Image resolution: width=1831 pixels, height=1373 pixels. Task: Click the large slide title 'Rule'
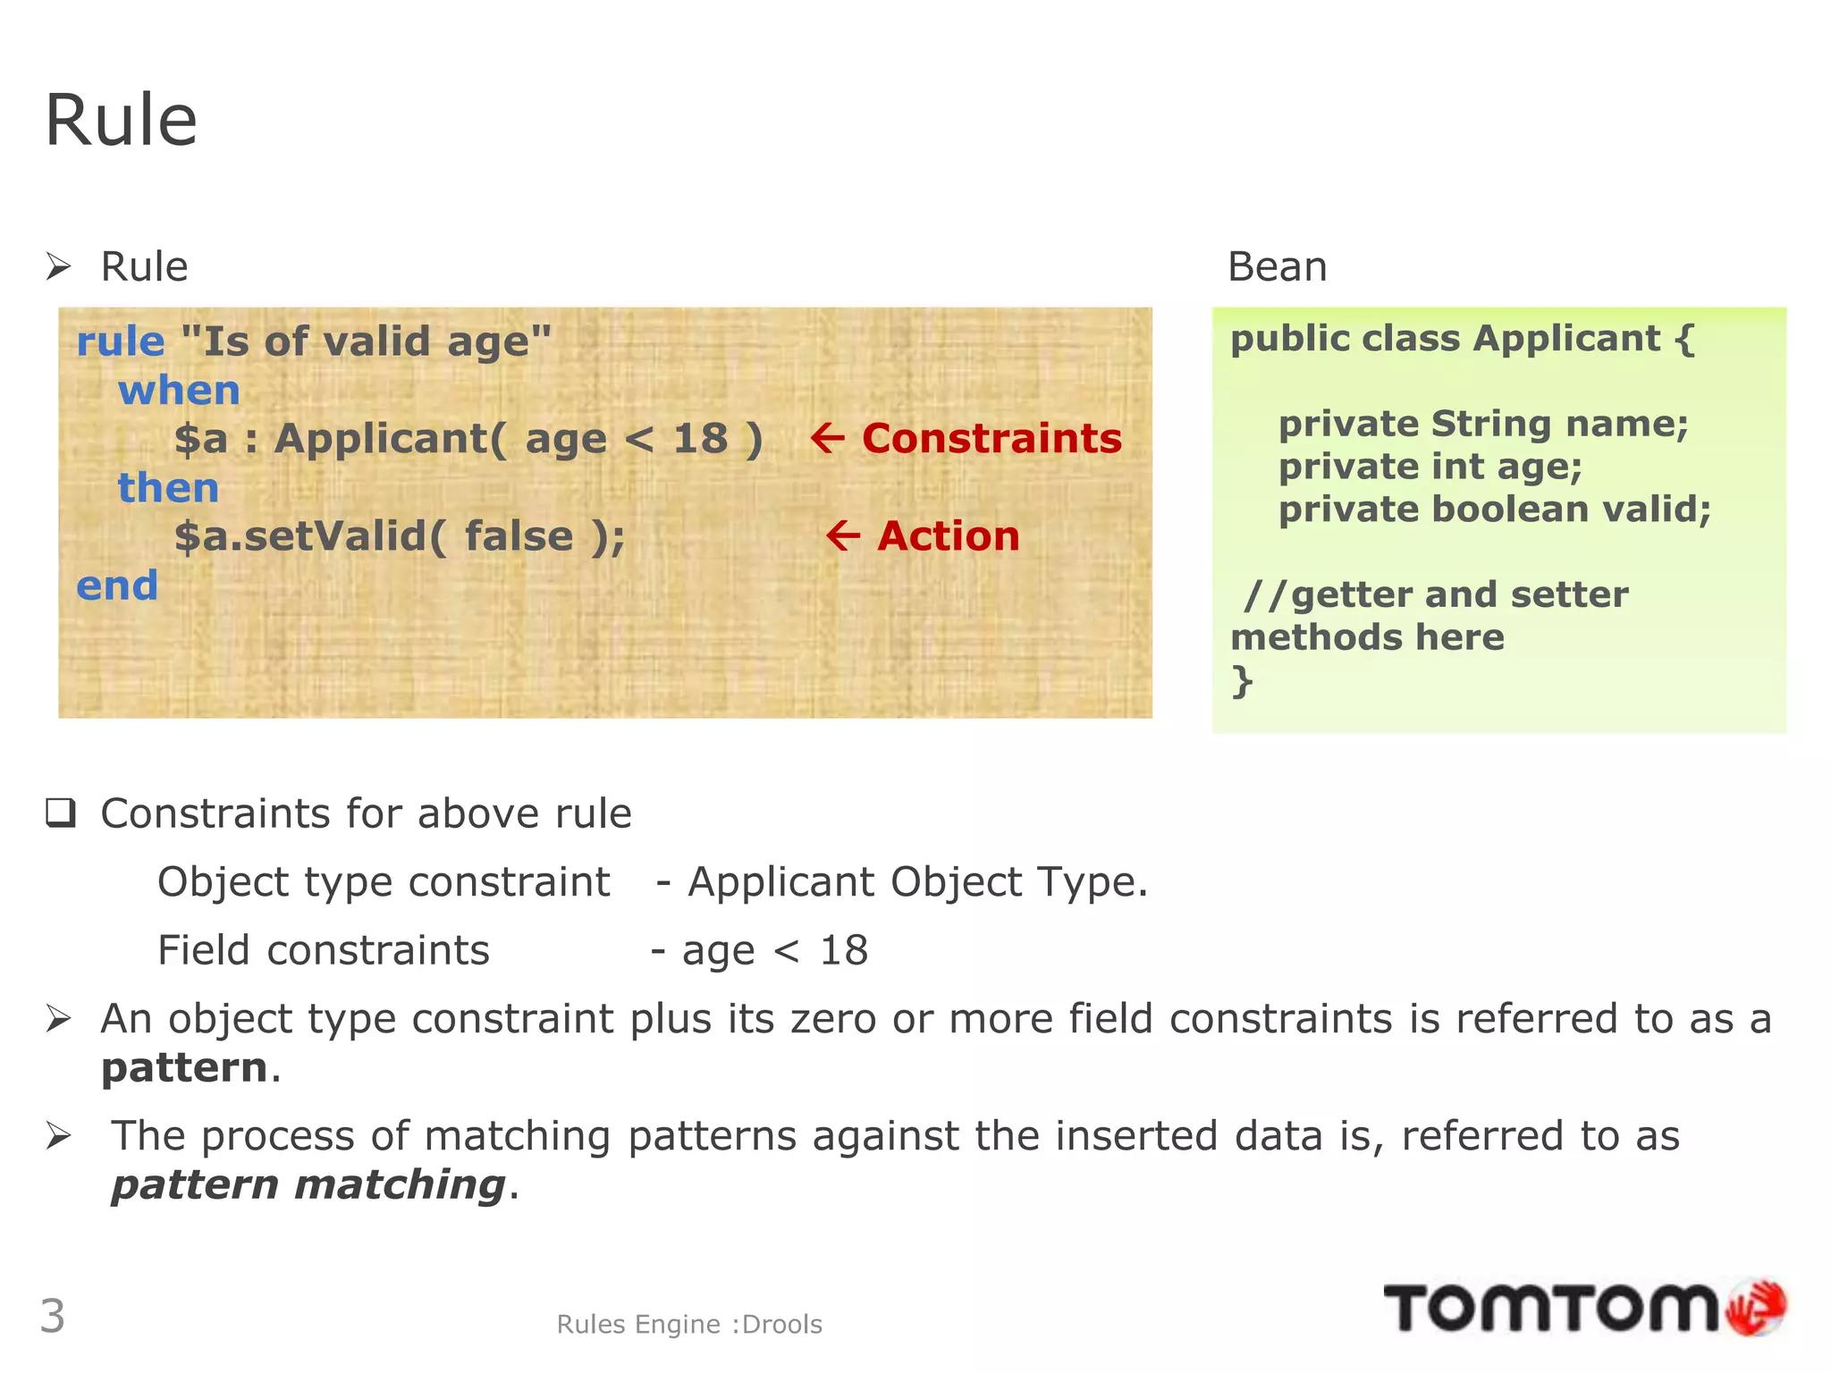pyautogui.click(x=121, y=121)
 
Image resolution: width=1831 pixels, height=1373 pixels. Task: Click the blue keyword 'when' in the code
pyautogui.click(x=179, y=391)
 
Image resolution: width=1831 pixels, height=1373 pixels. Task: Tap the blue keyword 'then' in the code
pyautogui.click(x=168, y=488)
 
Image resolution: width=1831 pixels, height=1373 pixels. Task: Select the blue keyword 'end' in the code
pyautogui.click(x=117, y=585)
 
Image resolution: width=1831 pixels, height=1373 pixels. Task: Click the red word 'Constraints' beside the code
pyautogui.click(x=991, y=439)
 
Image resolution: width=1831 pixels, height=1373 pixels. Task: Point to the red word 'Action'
pyautogui.click(x=948, y=536)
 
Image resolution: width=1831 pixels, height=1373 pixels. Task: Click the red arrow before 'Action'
pyautogui.click(x=842, y=536)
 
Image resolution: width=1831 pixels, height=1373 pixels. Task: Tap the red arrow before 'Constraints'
pyautogui.click(x=827, y=439)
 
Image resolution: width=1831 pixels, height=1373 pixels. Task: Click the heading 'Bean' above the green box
pyautogui.click(x=1277, y=266)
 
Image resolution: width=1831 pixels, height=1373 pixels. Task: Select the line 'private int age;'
pyautogui.click(x=1430, y=467)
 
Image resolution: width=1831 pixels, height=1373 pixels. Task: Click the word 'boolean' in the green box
pyautogui.click(x=1510, y=510)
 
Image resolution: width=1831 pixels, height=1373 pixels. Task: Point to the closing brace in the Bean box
pyautogui.click(x=1242, y=681)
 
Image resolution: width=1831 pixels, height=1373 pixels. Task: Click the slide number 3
pyautogui.click(x=53, y=1316)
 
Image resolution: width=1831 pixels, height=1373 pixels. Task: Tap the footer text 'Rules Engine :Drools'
pyautogui.click(x=688, y=1324)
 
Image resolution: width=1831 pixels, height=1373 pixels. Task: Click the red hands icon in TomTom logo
pyautogui.click(x=1755, y=1307)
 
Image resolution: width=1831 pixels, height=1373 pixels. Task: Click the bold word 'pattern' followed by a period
pyautogui.click(x=184, y=1068)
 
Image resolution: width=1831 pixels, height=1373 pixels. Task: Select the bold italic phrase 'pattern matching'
pyautogui.click(x=308, y=1185)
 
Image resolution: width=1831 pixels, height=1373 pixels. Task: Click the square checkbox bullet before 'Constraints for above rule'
pyautogui.click(x=61, y=813)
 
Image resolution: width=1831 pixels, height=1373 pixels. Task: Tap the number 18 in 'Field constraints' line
pyautogui.click(x=843, y=950)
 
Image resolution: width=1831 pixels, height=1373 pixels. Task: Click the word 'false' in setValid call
pyautogui.click(x=519, y=536)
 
